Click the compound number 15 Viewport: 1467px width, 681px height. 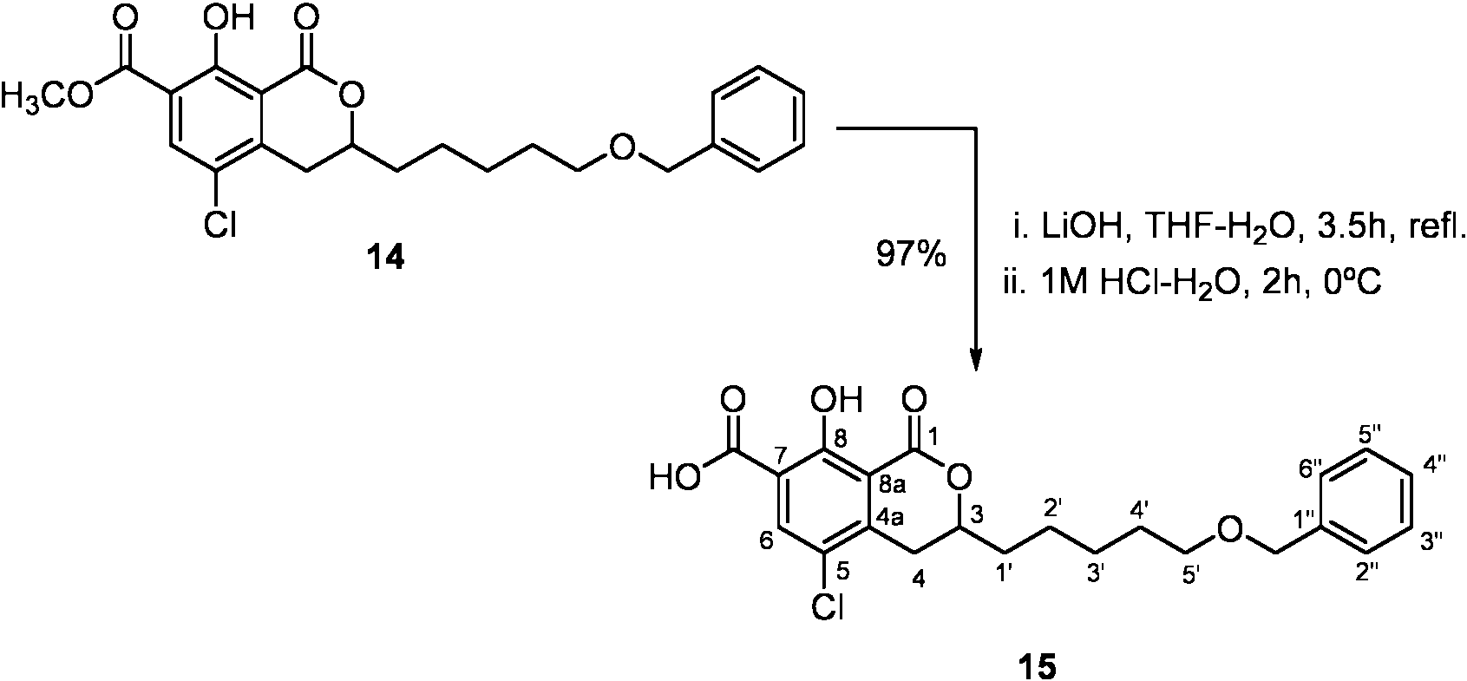(x=1038, y=666)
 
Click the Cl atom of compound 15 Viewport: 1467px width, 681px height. (x=827, y=606)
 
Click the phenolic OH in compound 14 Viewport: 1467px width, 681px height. (x=228, y=18)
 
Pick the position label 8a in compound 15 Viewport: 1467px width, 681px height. (x=891, y=485)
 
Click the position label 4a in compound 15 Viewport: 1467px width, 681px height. (x=889, y=518)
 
